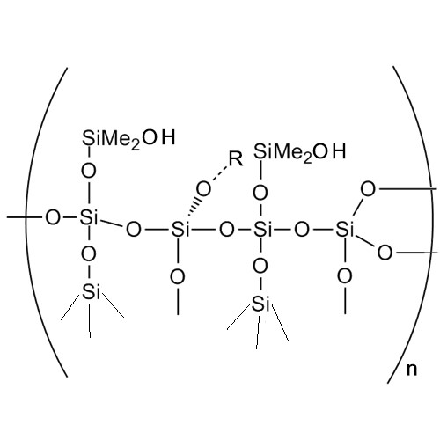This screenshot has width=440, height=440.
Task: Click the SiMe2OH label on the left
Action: (128, 139)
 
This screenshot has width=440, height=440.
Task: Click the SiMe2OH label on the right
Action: (299, 153)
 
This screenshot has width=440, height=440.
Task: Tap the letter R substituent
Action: (236, 160)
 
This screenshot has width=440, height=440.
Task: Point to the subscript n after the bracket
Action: (412, 370)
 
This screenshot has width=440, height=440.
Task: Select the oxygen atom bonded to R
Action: (203, 189)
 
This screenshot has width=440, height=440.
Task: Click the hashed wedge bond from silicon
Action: (194, 209)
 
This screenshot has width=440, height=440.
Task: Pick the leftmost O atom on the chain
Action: (53, 218)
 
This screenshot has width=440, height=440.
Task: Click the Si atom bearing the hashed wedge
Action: (180, 229)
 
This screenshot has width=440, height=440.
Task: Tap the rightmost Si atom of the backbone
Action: (345, 229)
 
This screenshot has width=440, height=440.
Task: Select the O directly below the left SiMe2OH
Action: (89, 171)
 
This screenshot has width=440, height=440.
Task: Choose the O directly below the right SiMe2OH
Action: (260, 193)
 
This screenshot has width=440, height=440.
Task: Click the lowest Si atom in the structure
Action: (260, 304)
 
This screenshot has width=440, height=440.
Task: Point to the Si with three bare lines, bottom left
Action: (92, 292)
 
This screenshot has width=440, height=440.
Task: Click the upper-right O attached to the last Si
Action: (368, 189)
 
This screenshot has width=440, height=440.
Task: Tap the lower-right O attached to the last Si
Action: (385, 253)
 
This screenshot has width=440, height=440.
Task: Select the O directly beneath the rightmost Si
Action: (345, 276)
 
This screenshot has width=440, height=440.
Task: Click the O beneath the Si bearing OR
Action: (178, 277)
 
